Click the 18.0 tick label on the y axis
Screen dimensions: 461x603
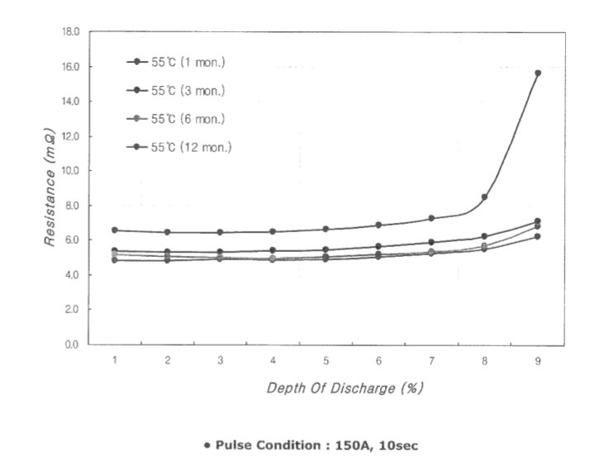(71, 31)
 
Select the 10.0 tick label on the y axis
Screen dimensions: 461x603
(71, 171)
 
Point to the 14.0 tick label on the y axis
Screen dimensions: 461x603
(71, 101)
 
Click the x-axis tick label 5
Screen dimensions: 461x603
(325, 361)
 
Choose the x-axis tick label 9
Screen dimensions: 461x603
(538, 361)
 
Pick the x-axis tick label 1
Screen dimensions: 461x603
(115, 361)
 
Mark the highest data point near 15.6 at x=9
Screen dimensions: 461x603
(538, 73)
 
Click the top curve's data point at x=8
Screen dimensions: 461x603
(484, 197)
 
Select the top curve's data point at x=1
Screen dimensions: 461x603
(115, 230)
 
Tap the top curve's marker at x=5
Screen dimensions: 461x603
(325, 229)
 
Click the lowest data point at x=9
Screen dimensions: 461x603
(538, 236)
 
